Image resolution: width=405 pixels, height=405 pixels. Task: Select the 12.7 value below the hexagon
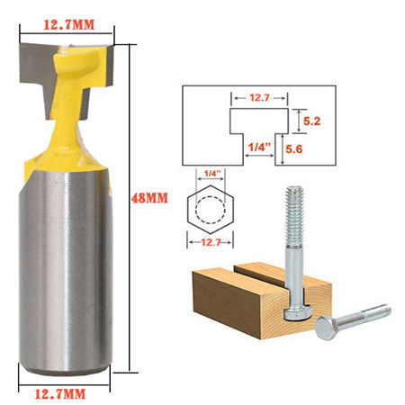[x=212, y=240]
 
